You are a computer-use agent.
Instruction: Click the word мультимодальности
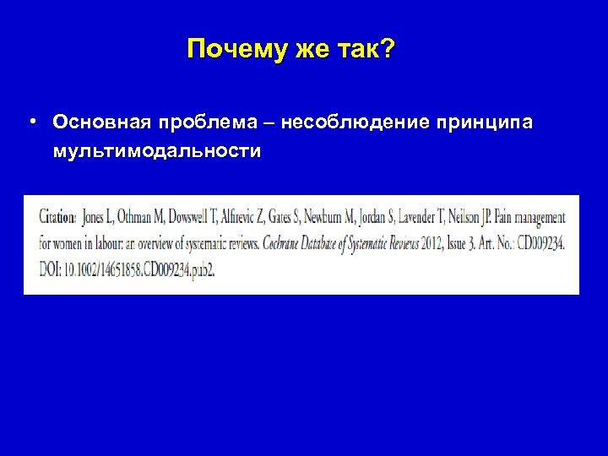click(x=156, y=152)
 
